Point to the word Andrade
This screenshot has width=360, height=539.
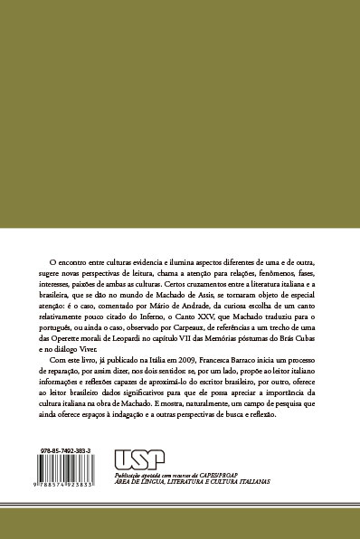tap(204, 307)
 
